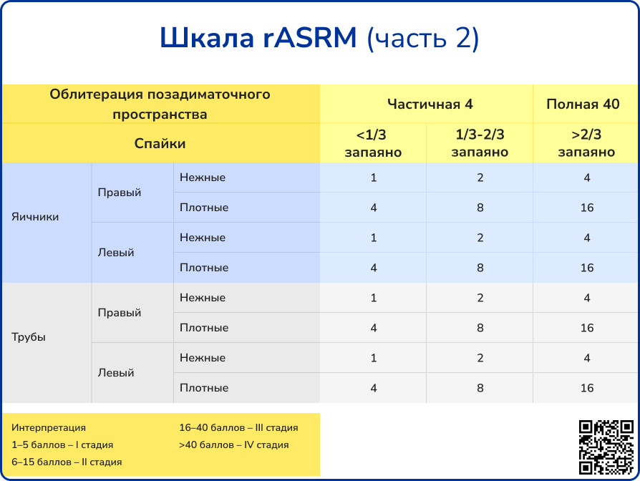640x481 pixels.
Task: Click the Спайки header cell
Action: [x=160, y=143]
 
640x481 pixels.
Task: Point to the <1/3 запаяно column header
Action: [x=373, y=143]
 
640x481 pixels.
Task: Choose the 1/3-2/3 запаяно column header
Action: [x=480, y=143]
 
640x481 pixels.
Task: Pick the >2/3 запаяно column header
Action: [x=586, y=143]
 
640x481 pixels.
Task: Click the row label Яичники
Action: [x=35, y=216]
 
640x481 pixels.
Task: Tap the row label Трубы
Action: [x=29, y=336]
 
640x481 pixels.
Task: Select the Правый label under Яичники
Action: [x=119, y=193]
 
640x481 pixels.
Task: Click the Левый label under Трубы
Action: [x=116, y=373]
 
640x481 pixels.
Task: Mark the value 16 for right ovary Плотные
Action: [x=587, y=208]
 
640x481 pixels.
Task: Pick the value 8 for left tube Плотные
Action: [x=480, y=388]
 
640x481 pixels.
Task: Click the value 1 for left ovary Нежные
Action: [x=373, y=238]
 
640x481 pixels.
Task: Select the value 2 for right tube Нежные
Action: [x=480, y=298]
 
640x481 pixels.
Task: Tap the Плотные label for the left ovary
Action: [x=204, y=268]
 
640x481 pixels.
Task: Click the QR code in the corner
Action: [x=606, y=447]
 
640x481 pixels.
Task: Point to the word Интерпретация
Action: [x=49, y=427]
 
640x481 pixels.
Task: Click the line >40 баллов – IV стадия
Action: [x=233, y=444]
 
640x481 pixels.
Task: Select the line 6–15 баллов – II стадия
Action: [x=67, y=462]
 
